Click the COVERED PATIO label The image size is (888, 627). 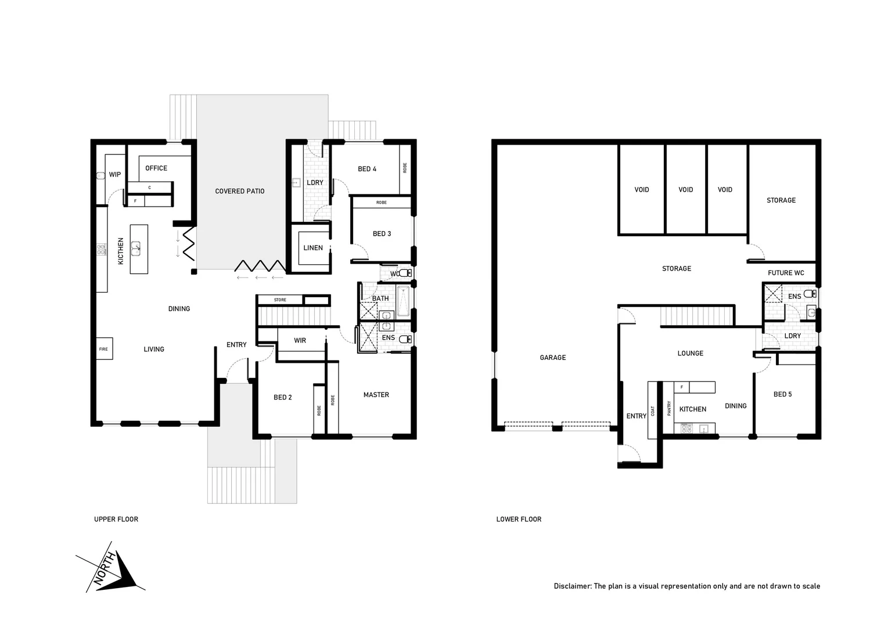coord(239,191)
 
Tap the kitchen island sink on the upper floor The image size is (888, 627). coord(137,248)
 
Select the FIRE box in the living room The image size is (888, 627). coord(104,349)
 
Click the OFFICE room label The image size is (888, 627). coord(156,168)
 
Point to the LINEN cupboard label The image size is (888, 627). coord(312,248)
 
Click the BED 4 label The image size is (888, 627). coord(366,169)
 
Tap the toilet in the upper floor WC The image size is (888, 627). coord(405,273)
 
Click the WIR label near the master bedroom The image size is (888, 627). coord(300,341)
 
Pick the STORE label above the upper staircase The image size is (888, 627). coord(280,300)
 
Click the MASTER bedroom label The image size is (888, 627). coord(376,395)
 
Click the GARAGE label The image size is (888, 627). coord(552,358)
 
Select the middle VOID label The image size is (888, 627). coord(685,190)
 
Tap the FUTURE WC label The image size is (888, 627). coord(785,273)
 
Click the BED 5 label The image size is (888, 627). coord(782,394)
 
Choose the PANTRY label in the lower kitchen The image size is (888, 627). coord(669,409)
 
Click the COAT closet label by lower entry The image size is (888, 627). coord(653,410)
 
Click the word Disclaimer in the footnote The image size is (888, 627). coord(571,586)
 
